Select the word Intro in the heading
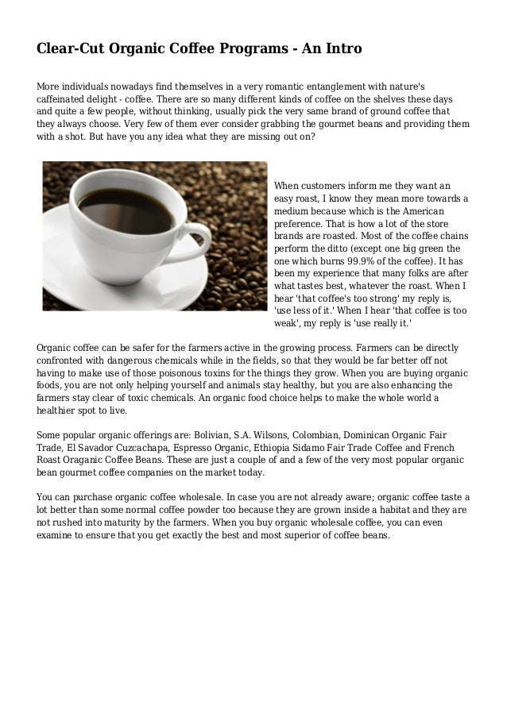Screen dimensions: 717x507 [343, 49]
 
